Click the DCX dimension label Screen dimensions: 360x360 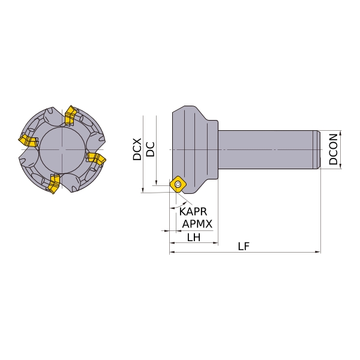pyautogui.click(x=137, y=149)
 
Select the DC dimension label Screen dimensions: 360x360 pyautogui.click(x=151, y=149)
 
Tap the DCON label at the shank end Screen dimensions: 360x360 pyautogui.click(x=333, y=149)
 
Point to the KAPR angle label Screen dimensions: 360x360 pyautogui.click(x=193, y=211)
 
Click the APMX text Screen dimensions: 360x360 pyautogui.click(x=197, y=224)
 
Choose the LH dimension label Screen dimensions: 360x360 pyautogui.click(x=194, y=238)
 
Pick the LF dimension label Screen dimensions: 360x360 pyautogui.click(x=244, y=247)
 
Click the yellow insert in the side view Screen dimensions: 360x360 pyautogui.click(x=178, y=184)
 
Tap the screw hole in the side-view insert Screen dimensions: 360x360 pyautogui.click(x=178, y=184)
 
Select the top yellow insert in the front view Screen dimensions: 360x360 pyautogui.click(x=70, y=116)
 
